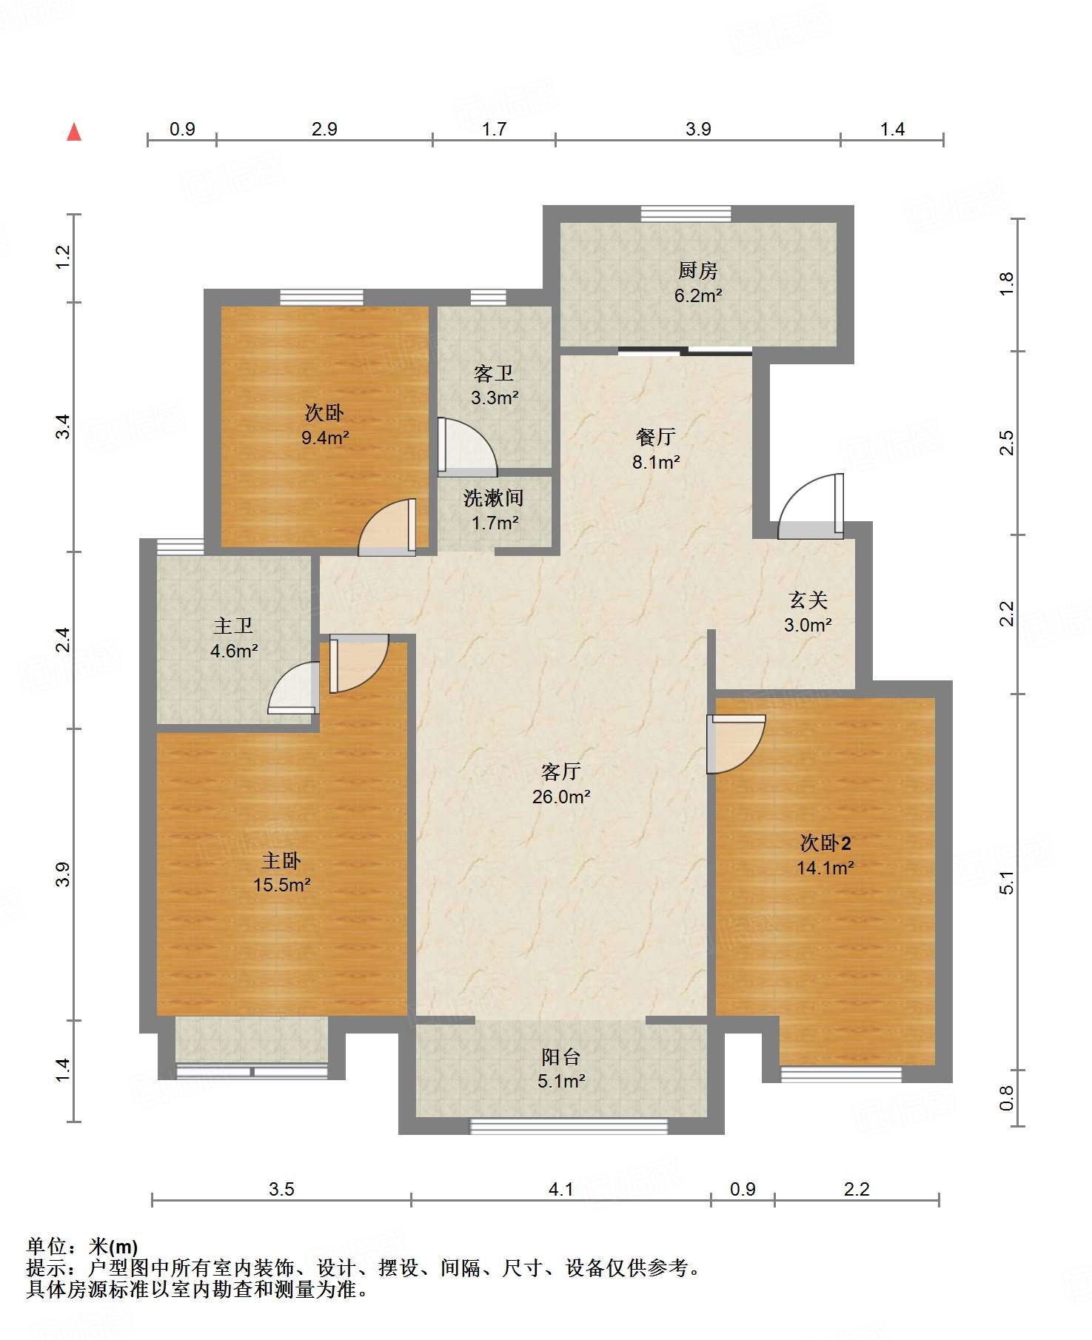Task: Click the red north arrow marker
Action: point(74,133)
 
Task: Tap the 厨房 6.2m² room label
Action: point(697,284)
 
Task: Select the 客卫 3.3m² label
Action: point(494,385)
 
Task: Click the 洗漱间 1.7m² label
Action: point(494,510)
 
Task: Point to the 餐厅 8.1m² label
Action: point(656,449)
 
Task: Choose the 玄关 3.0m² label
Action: point(808,612)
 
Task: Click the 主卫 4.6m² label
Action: point(234,638)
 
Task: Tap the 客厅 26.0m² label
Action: point(561,784)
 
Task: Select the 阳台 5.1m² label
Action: point(561,1068)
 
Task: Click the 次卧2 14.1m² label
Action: point(825,855)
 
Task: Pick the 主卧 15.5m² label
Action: point(281,872)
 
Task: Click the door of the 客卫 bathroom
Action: point(466,447)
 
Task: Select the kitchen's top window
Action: point(686,214)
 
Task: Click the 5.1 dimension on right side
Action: point(1006,882)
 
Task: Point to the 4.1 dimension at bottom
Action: point(561,1190)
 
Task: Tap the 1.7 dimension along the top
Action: point(494,130)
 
